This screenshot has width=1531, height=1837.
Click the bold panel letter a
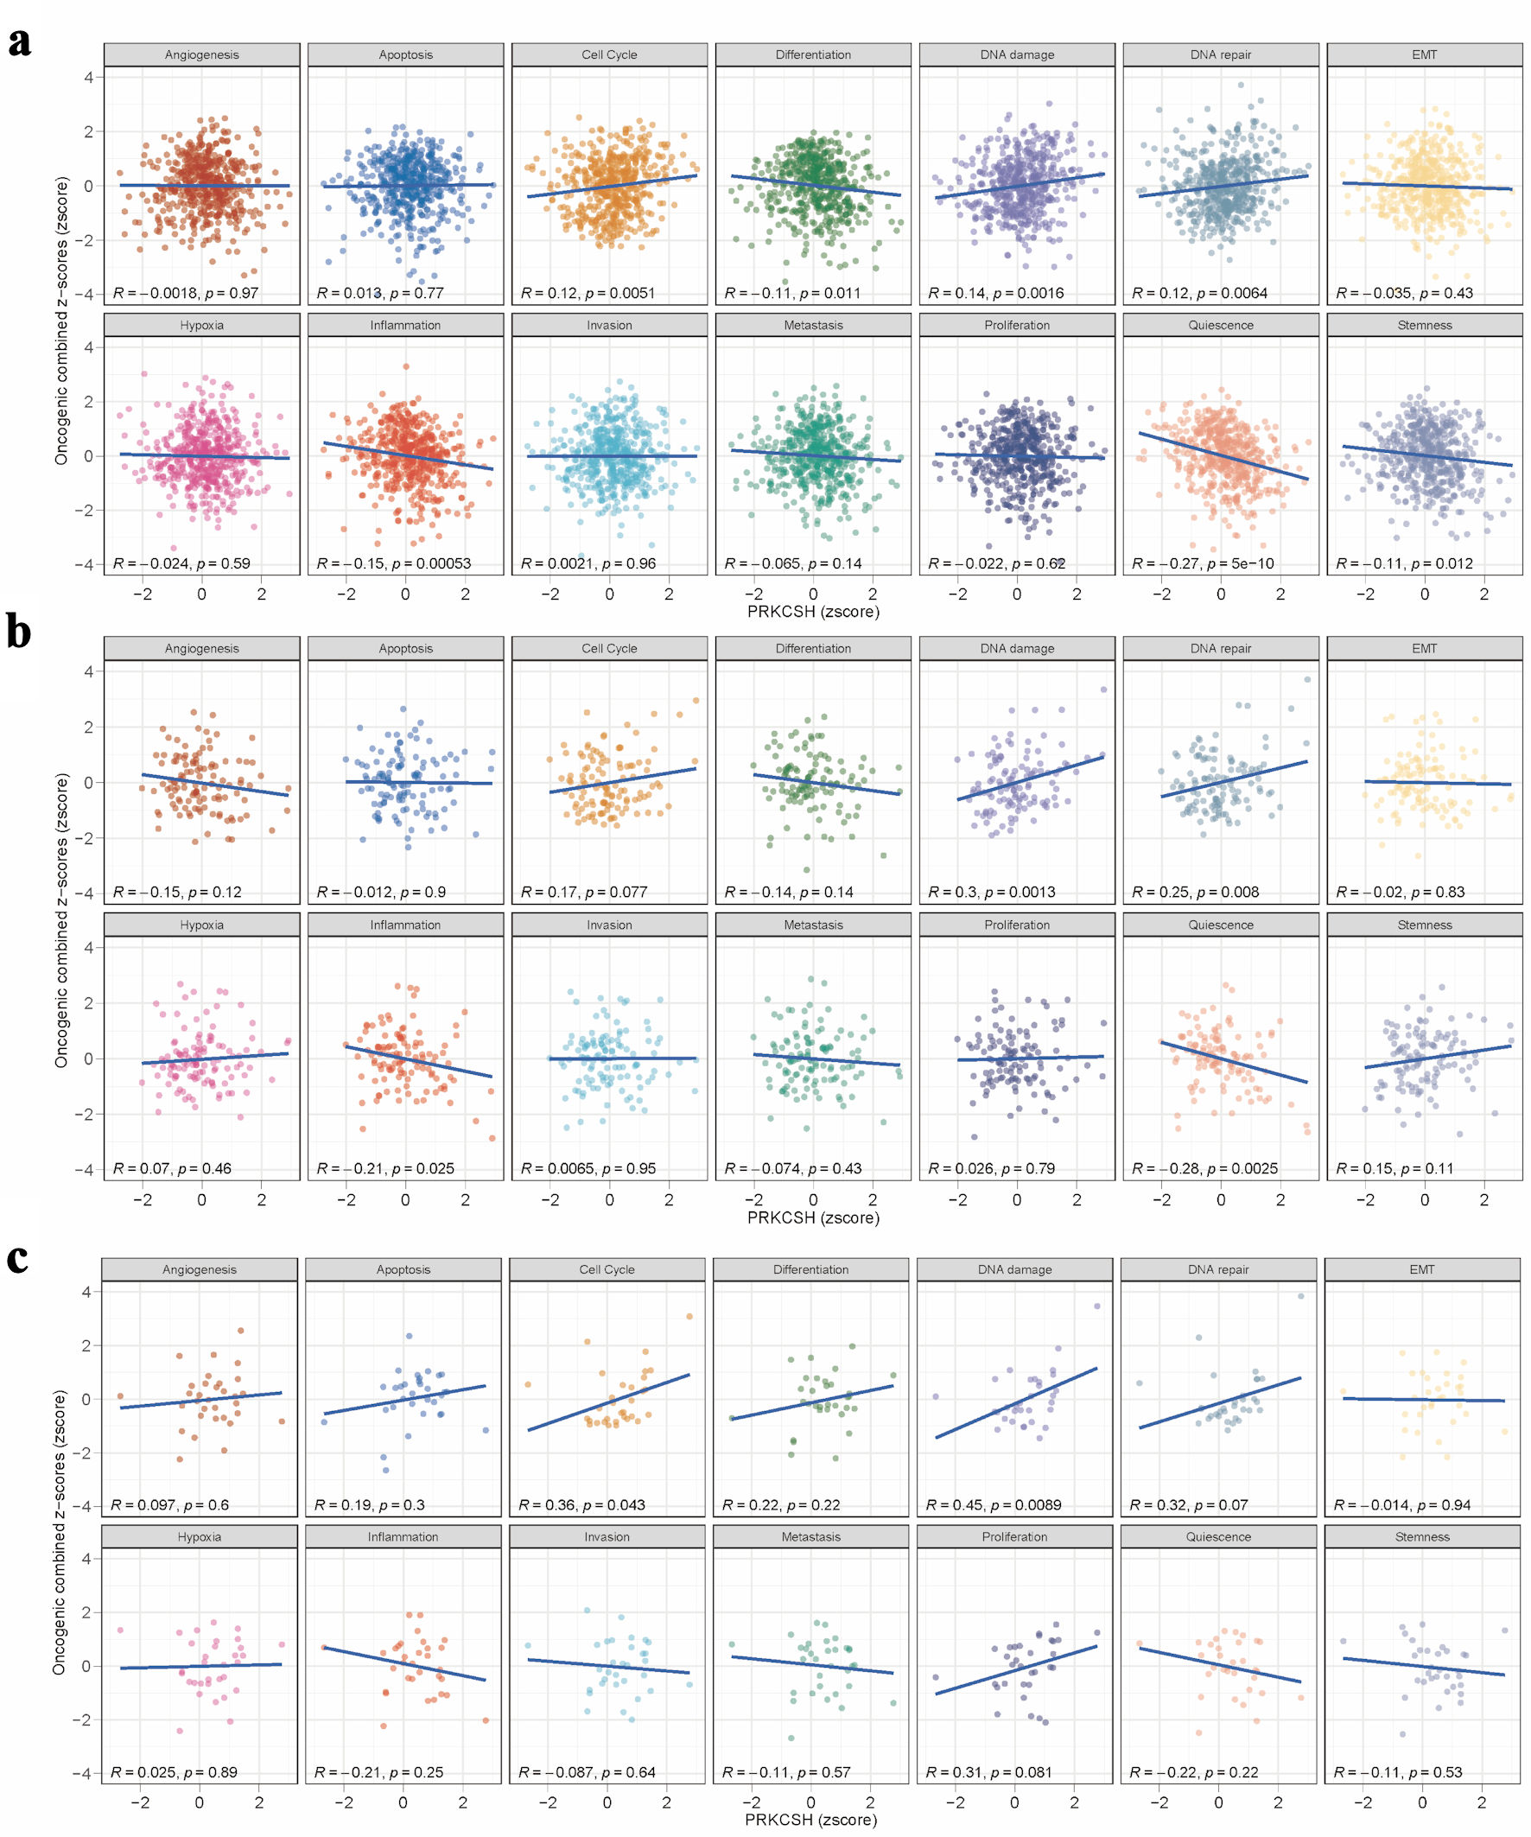tap(19, 41)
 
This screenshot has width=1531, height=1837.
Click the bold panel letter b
tap(18, 632)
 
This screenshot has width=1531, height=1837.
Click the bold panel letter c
tap(17, 1257)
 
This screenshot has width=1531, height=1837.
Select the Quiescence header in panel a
tap(1221, 326)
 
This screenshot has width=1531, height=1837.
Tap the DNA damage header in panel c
tap(1015, 1269)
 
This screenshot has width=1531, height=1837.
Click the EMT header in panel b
tap(1424, 648)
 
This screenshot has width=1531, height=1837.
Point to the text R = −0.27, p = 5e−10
tap(1203, 563)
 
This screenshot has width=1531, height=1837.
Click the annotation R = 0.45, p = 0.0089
tap(994, 1504)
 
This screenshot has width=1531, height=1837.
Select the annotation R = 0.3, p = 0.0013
tap(992, 893)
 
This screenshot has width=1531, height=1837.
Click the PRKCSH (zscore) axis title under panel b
tap(813, 1217)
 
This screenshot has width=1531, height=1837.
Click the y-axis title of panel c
tap(60, 1531)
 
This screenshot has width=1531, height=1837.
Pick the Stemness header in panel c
tap(1421, 1536)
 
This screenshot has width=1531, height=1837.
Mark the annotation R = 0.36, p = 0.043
tap(581, 1504)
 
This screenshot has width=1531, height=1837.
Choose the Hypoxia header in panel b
tap(201, 925)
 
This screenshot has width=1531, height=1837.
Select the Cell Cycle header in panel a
tap(609, 54)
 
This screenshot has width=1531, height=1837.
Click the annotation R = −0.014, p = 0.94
tap(1402, 1504)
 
